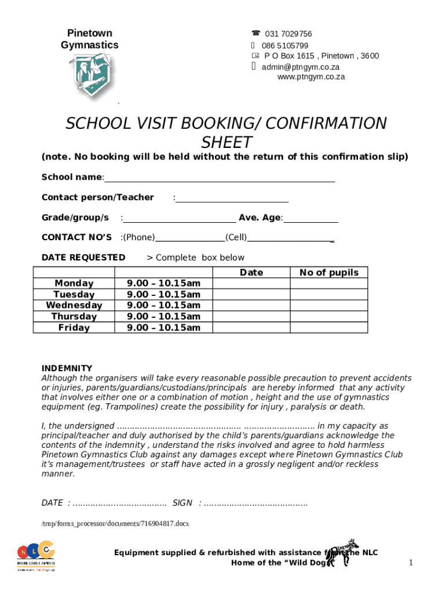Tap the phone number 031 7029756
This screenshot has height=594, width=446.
click(x=288, y=34)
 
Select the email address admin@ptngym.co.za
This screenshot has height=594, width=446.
click(x=301, y=67)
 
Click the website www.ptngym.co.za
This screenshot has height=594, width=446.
click(x=311, y=77)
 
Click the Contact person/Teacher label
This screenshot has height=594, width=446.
click(x=97, y=197)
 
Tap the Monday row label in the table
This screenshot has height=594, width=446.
click(x=74, y=283)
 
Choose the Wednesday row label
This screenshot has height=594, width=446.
click(x=74, y=305)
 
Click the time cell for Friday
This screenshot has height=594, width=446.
click(x=163, y=328)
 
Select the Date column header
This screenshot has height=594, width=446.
click(x=251, y=273)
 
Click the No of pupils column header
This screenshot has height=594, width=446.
click(x=328, y=273)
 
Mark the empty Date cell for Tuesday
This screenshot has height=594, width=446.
click(x=251, y=295)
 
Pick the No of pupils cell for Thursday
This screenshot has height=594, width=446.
click(x=328, y=317)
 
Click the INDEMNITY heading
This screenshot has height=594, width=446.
click(x=67, y=368)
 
